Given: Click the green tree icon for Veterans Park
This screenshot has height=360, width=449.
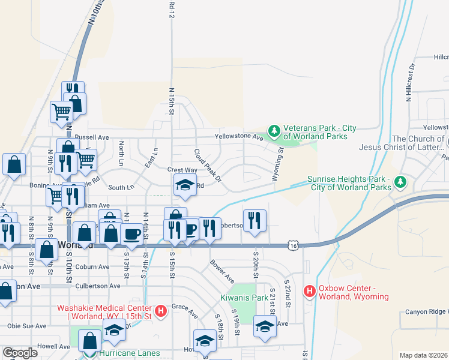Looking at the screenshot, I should click(x=274, y=131).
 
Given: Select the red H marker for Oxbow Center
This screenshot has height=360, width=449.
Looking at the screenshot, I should click(x=310, y=292).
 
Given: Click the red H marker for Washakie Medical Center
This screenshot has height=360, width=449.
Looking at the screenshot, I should click(x=160, y=311).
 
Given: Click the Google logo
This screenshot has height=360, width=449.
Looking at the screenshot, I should click(x=20, y=353).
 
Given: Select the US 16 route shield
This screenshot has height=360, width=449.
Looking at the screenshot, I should click(x=292, y=245).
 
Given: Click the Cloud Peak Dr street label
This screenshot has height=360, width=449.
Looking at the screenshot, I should click(x=208, y=166).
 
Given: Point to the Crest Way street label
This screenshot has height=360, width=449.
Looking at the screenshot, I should click(x=182, y=170).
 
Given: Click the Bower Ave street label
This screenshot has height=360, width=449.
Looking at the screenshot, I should click(x=221, y=271).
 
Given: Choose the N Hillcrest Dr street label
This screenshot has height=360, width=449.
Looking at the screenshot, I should click(x=411, y=82).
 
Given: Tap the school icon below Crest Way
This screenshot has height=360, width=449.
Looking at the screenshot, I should click(x=185, y=185).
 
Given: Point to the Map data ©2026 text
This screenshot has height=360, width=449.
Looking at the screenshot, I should click(x=423, y=355).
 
